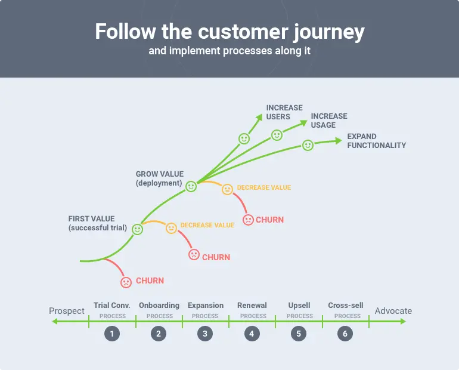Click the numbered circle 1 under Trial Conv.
click(x=111, y=334)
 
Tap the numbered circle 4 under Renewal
click(x=252, y=334)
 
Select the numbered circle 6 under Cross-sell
click(x=345, y=334)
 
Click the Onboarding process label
click(x=159, y=306)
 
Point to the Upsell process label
click(x=299, y=306)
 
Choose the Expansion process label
click(x=206, y=306)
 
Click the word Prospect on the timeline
click(x=67, y=311)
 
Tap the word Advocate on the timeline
click(x=393, y=311)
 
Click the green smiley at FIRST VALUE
click(x=138, y=229)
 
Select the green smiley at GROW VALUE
click(x=191, y=186)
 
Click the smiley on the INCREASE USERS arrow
click(x=244, y=138)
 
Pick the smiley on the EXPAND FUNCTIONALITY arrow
click(x=308, y=145)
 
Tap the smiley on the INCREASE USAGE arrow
click(x=277, y=135)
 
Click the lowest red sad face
click(x=126, y=282)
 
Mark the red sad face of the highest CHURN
click(x=247, y=220)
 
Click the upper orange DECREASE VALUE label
click(x=264, y=187)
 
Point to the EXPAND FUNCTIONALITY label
click(x=376, y=141)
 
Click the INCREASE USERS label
click(x=284, y=112)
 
